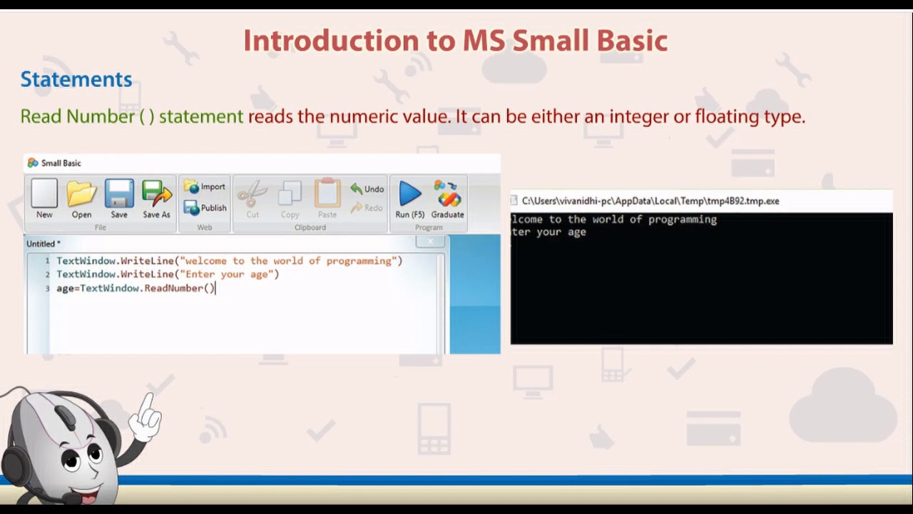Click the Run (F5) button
tap(409, 198)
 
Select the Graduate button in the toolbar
tap(447, 198)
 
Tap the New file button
tap(44, 198)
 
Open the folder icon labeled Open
tap(81, 198)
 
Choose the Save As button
tap(156, 198)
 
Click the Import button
tap(205, 187)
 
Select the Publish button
tap(205, 208)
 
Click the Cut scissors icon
tap(253, 198)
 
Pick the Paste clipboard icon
tap(327, 198)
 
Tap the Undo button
tap(367, 189)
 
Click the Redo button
tap(367, 208)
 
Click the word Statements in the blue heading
tap(76, 79)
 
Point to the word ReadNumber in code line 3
tap(173, 288)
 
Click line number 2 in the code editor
tap(48, 275)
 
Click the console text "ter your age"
tap(549, 232)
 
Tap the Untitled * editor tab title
tap(44, 244)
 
